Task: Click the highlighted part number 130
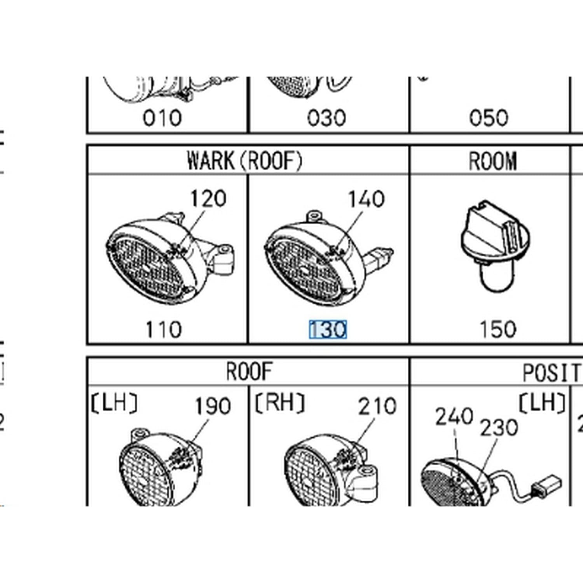click(x=328, y=330)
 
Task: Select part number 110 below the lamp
click(x=164, y=330)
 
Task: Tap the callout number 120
click(x=208, y=199)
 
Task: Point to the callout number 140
click(x=366, y=199)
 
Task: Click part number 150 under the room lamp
click(x=498, y=330)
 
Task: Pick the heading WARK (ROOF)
click(x=244, y=160)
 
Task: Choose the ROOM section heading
click(x=493, y=161)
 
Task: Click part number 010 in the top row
click(x=162, y=118)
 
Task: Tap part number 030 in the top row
click(x=326, y=118)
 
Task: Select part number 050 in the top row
click(x=489, y=118)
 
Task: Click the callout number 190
click(x=213, y=406)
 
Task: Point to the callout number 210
click(x=377, y=406)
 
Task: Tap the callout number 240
click(x=454, y=417)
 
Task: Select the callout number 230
click(x=499, y=428)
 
